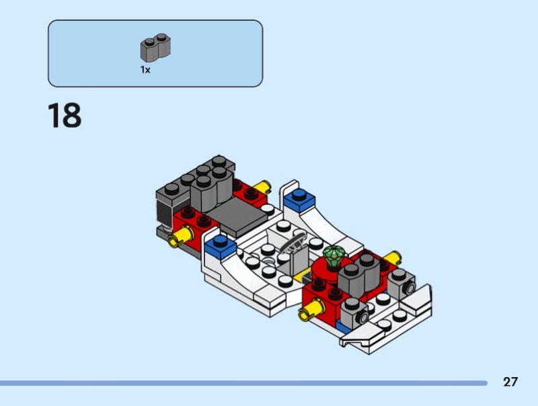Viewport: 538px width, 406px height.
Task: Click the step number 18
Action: (x=65, y=115)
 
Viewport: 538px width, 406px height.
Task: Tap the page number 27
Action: (x=510, y=382)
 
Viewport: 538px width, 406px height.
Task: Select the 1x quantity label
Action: (x=145, y=70)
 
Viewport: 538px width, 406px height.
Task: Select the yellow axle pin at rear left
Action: (x=180, y=237)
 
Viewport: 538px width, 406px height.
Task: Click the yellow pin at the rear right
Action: (x=262, y=187)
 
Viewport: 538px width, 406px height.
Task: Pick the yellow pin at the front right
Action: (x=393, y=258)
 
